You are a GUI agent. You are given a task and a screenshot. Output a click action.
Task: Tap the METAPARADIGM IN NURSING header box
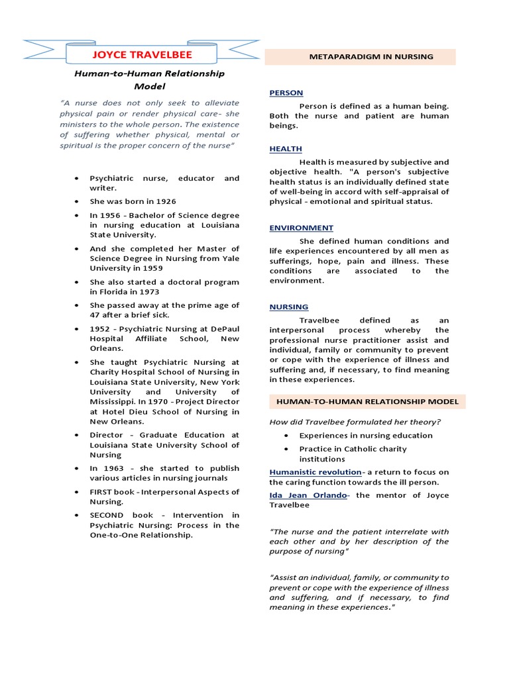click(x=361, y=57)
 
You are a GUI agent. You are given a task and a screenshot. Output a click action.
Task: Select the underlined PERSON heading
click(x=286, y=93)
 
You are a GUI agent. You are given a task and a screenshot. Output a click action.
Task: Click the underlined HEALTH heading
click(x=285, y=149)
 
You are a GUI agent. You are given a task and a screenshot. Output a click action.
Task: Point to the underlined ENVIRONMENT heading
click(x=301, y=228)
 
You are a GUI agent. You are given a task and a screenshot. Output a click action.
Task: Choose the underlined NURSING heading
click(x=288, y=307)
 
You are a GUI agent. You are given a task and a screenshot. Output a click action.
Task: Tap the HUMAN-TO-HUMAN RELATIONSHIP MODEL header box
click(x=367, y=402)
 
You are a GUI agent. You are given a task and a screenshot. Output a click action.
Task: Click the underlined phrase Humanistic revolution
click(x=315, y=472)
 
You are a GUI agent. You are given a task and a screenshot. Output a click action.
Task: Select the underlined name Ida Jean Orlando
click(x=308, y=495)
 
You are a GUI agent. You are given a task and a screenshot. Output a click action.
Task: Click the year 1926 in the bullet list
click(x=166, y=201)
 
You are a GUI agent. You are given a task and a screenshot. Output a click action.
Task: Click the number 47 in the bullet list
click(x=95, y=315)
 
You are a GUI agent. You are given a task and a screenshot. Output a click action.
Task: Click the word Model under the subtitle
click(x=149, y=86)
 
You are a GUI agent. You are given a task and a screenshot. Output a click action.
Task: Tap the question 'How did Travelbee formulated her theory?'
click(x=355, y=422)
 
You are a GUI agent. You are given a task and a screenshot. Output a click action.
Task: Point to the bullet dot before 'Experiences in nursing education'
click(x=286, y=436)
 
